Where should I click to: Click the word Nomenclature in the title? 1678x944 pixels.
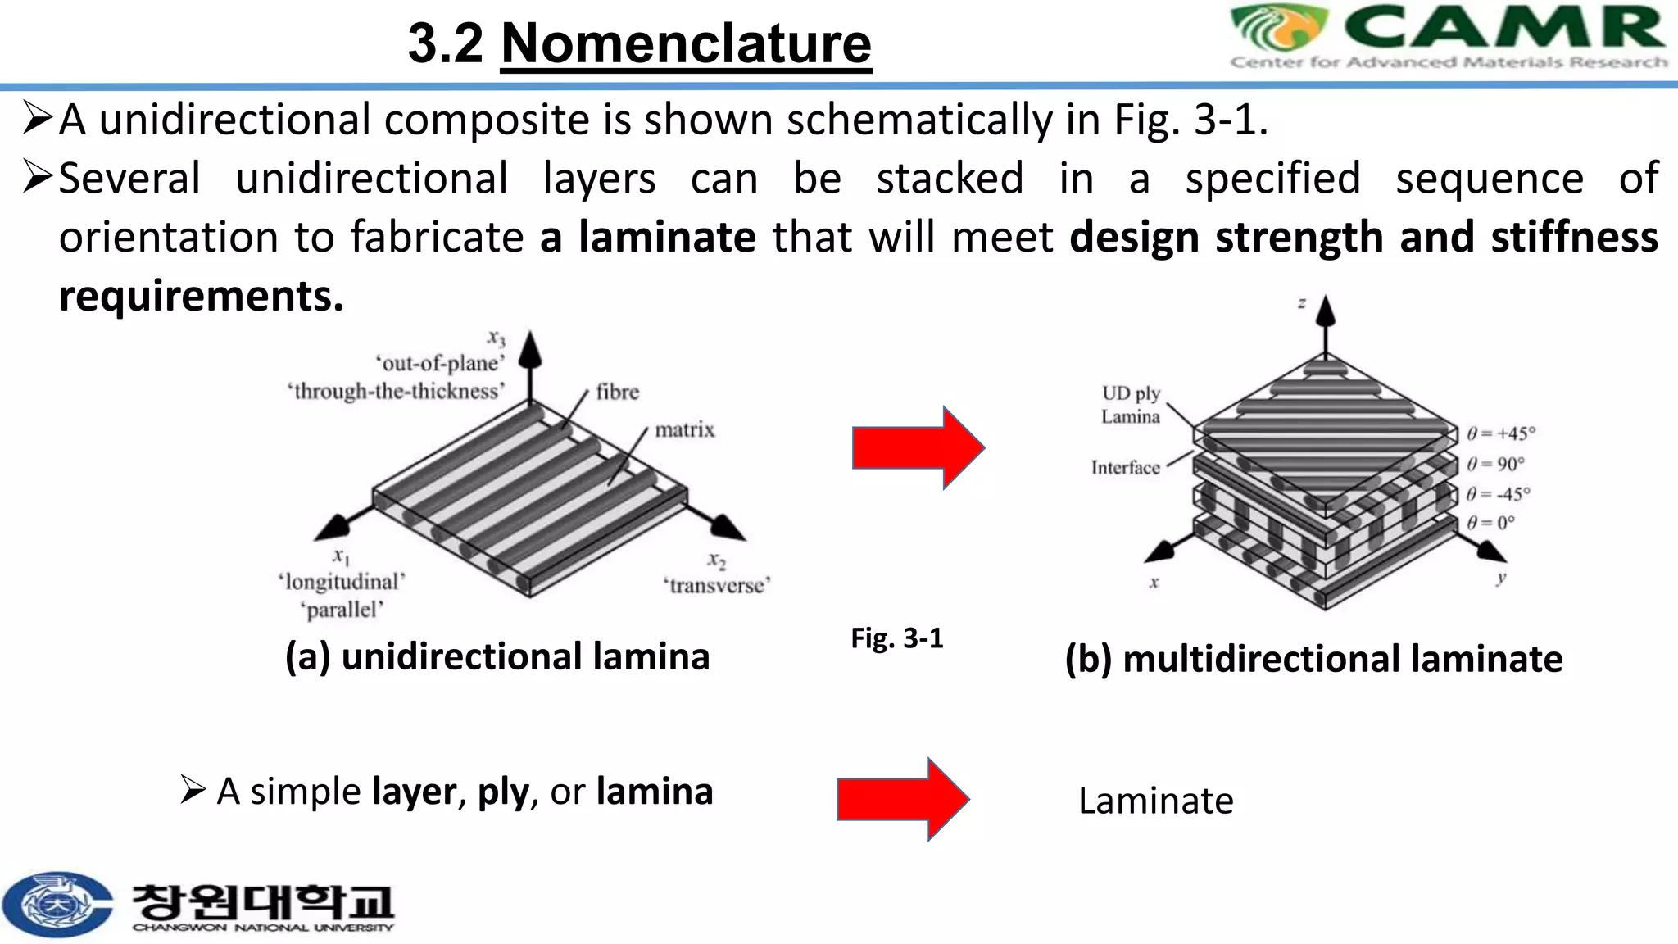[x=686, y=43]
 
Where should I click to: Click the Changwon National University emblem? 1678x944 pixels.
[x=56, y=904]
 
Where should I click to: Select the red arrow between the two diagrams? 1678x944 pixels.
[x=918, y=447]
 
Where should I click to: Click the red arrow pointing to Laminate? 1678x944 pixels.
[x=903, y=799]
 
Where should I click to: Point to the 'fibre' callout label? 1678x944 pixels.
[x=618, y=392]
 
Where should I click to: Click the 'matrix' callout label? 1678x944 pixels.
[x=685, y=429]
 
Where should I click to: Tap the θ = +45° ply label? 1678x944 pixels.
[x=1501, y=433]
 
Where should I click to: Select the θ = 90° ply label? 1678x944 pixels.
[x=1495, y=464]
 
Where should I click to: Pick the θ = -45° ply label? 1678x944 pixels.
[x=1498, y=494]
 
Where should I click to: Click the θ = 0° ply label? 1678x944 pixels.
[x=1490, y=522]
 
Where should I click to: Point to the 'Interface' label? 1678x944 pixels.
[x=1126, y=467]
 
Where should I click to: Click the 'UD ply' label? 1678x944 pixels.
[x=1132, y=393]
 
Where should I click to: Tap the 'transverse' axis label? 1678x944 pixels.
[x=717, y=585]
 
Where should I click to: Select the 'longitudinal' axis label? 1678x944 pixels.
[x=342, y=582]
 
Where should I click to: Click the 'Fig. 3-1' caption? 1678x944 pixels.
[x=897, y=638]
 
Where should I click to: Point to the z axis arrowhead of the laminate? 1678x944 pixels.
[x=1326, y=311]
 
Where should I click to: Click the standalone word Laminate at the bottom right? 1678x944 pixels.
[x=1156, y=801]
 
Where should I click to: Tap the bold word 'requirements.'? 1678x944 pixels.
[x=202, y=297]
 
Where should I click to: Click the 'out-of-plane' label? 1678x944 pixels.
[x=440, y=363]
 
